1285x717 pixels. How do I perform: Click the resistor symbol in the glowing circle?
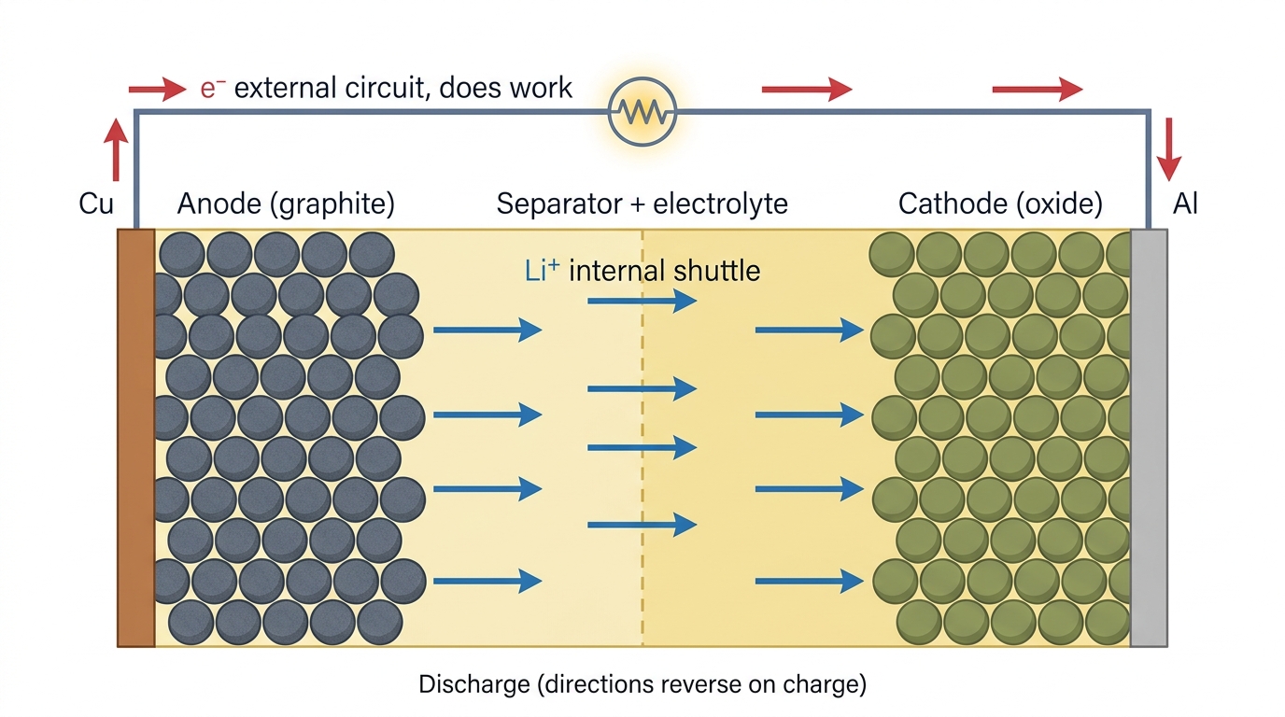coord(642,112)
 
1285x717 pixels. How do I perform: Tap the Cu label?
coord(96,204)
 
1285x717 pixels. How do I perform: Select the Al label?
coord(1185,204)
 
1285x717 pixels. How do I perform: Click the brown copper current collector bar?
coord(136,438)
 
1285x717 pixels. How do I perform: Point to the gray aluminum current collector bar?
coord(1149,438)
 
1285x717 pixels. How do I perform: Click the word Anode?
coord(219,204)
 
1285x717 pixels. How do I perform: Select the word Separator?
coord(559,204)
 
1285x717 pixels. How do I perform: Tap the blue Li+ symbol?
coord(542,270)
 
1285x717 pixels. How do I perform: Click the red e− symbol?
coord(212,89)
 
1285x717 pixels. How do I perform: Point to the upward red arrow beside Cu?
coord(116,149)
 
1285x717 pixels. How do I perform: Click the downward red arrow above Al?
coord(1168,149)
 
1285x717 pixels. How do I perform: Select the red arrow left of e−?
coord(157,89)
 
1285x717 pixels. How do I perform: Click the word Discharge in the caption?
coord(473,684)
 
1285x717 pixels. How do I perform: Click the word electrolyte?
coord(720,204)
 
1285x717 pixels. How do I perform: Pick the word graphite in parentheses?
coord(334,204)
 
